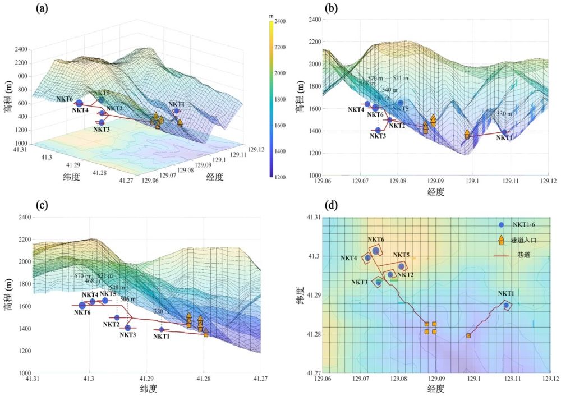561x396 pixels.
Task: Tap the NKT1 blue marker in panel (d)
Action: click(506, 306)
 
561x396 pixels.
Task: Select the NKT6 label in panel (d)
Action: click(376, 240)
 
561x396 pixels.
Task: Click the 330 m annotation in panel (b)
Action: click(504, 114)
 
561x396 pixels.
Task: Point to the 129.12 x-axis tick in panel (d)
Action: click(549, 379)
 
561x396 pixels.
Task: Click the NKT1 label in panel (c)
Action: click(162, 337)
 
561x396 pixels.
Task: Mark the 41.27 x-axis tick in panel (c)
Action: click(260, 379)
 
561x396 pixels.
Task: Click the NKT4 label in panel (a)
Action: click(80, 110)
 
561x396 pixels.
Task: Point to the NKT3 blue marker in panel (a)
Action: click(102, 123)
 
